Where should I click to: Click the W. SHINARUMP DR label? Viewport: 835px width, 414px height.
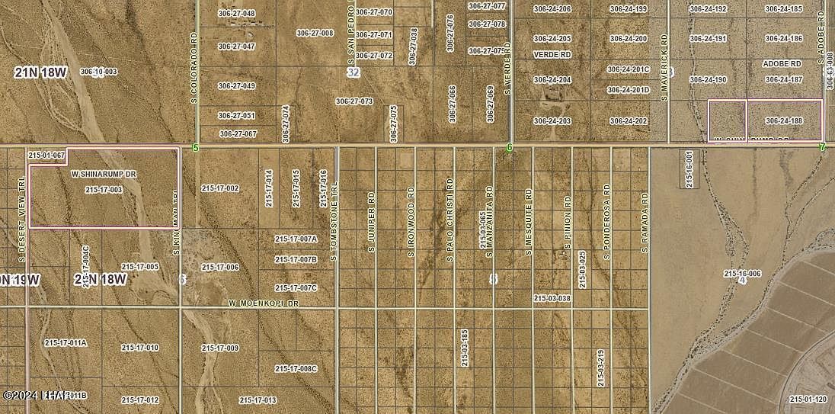(104, 175)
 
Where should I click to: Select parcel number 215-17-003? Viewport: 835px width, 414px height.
(104, 190)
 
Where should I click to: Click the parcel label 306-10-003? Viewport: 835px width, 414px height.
(98, 72)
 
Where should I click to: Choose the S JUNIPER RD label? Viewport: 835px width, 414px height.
(372, 222)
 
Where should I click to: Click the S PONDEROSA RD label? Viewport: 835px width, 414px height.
(608, 221)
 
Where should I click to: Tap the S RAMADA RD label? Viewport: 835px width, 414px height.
(645, 223)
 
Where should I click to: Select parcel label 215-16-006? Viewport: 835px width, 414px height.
(742, 273)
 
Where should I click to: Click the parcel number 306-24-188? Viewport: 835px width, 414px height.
(784, 120)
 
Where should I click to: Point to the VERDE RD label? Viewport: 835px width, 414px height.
(552, 55)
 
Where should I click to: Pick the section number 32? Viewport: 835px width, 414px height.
(353, 72)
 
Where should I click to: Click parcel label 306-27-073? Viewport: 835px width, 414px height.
(354, 101)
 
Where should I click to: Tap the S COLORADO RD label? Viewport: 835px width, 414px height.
(194, 68)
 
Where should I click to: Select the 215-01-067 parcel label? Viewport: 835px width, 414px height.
(46, 155)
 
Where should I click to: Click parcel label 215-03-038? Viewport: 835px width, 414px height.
(552, 299)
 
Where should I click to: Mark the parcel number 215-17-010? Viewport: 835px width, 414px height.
(140, 348)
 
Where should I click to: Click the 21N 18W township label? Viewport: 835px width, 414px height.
(40, 72)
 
